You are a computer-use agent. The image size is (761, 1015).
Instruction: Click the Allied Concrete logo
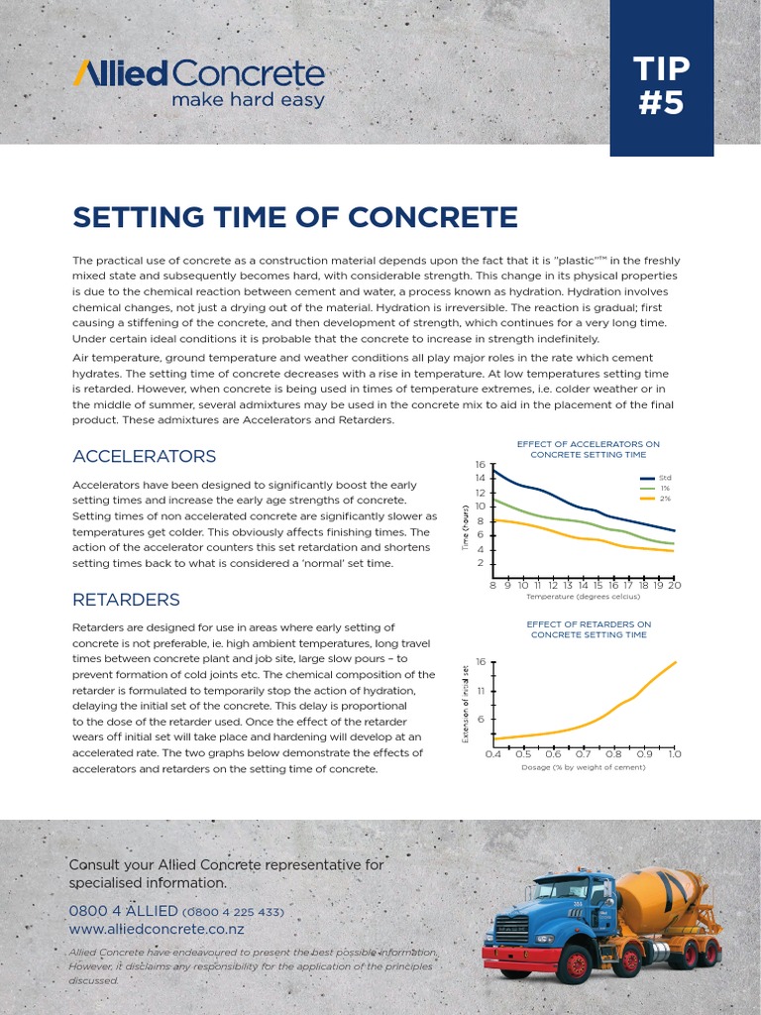[x=198, y=73]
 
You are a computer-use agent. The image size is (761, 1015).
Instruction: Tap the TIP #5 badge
[x=661, y=85]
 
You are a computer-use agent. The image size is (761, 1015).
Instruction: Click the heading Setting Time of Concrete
[x=295, y=217]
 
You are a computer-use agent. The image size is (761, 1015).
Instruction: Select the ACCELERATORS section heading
[x=144, y=456]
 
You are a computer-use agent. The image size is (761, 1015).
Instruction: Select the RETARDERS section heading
[x=126, y=600]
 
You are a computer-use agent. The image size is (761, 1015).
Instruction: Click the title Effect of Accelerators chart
[x=588, y=449]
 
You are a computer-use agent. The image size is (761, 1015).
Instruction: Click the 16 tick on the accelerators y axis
[x=480, y=464]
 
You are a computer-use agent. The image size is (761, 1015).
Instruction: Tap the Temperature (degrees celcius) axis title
[x=583, y=597]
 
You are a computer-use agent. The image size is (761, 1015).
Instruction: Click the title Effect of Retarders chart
[x=589, y=629]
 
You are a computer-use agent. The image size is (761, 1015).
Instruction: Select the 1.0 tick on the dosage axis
[x=674, y=754]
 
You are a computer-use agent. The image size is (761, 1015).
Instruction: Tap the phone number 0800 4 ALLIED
[x=123, y=911]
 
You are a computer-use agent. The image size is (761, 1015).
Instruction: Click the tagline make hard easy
[x=248, y=100]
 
